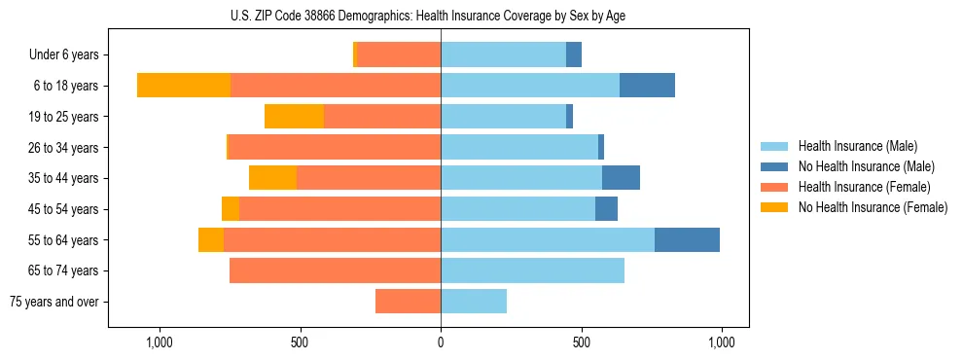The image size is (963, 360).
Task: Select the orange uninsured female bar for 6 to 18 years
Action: click(184, 86)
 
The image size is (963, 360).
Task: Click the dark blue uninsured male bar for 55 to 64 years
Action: click(687, 239)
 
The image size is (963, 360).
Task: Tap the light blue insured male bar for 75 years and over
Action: click(474, 302)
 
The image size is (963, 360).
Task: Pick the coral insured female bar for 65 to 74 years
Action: click(335, 270)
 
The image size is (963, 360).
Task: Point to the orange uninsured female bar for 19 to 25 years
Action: click(294, 117)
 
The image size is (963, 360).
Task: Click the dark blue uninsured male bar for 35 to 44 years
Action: click(621, 178)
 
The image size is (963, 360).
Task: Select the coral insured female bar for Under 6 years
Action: click(399, 55)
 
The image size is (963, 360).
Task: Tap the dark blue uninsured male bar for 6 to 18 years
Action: click(647, 86)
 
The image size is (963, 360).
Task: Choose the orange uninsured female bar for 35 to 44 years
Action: click(272, 178)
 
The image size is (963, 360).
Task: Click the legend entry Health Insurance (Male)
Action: click(857, 146)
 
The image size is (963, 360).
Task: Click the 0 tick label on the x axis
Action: click(441, 342)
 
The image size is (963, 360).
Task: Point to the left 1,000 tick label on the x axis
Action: click(160, 342)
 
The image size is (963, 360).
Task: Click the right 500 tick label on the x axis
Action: click(582, 342)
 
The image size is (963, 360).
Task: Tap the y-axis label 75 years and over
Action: click(54, 302)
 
